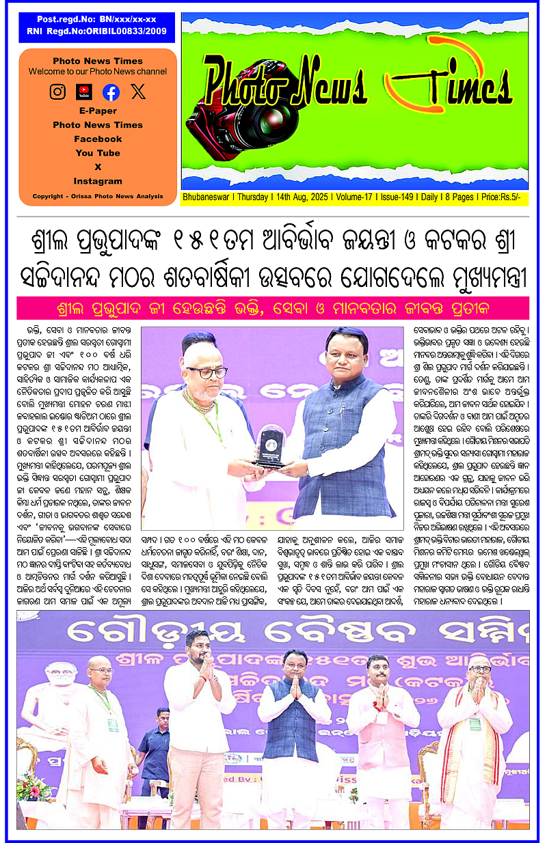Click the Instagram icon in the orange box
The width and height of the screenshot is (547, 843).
point(58,91)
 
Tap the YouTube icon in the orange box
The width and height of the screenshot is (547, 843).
point(84,91)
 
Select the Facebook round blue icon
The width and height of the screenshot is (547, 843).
point(111,92)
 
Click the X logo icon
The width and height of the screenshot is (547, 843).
point(138,92)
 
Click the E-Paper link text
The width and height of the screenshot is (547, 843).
point(98,111)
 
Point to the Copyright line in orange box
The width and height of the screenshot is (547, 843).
point(98,197)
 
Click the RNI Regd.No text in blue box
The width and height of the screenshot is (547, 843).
point(97,31)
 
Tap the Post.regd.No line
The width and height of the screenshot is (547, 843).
point(97,20)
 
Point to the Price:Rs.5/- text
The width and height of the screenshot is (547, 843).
point(501,197)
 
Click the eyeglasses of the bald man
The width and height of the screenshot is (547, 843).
point(206,372)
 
